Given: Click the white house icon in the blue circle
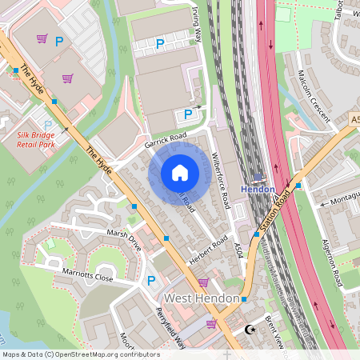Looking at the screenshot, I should tap(180, 173).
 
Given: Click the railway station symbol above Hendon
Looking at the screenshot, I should tap(258, 178).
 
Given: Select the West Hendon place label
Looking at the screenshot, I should tap(201, 298).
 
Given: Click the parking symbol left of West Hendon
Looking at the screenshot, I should tap(151, 281).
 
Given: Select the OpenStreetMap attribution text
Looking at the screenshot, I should tap(80, 354).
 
